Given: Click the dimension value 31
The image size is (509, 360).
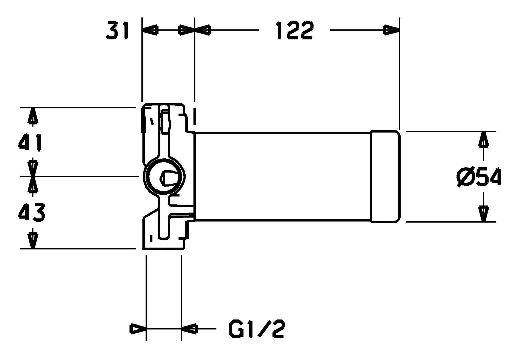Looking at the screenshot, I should point(117,30).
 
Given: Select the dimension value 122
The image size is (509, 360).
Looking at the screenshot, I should point(295,30).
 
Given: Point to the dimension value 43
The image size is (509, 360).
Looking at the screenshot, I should point(31,212).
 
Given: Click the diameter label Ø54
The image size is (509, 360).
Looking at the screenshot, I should point(479,177).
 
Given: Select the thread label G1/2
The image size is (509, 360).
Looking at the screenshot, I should point(256,329).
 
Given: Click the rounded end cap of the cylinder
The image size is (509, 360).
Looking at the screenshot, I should point(385,177).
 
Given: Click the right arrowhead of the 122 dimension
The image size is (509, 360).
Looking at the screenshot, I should point(391,30).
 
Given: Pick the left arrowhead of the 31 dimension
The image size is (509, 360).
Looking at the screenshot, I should point(150,30).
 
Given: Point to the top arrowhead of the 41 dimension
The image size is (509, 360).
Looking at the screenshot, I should point(32,116).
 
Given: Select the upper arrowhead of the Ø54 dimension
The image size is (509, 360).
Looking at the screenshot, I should point(483,140).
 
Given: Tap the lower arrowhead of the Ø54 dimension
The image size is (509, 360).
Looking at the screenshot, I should point(483,214).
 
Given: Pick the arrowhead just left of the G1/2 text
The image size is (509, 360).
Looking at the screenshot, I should point(189,329).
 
